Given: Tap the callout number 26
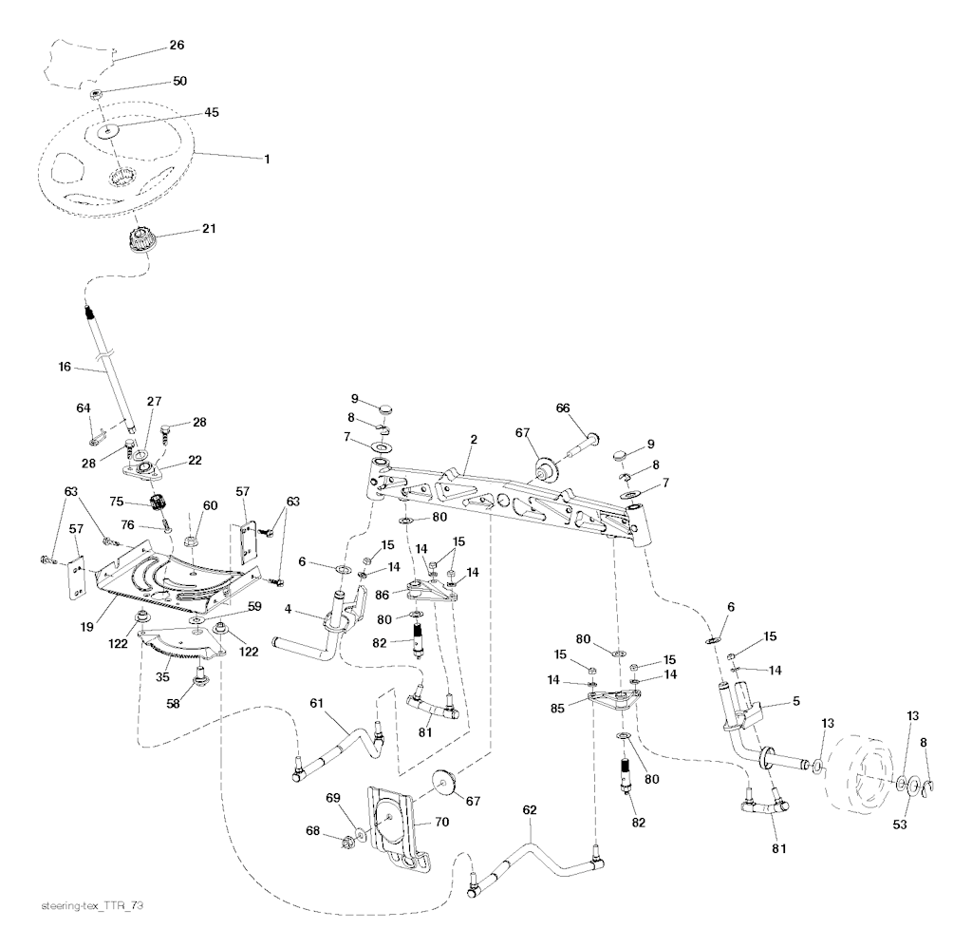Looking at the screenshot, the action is click(x=177, y=45).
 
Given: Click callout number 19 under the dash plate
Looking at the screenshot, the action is click(x=86, y=627).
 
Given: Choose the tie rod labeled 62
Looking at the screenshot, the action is click(x=534, y=868).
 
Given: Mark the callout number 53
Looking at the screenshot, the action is click(x=900, y=824).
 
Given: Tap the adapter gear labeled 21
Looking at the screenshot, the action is click(x=143, y=240).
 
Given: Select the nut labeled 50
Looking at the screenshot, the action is click(x=96, y=94).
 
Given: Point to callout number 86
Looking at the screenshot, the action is click(x=382, y=595).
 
